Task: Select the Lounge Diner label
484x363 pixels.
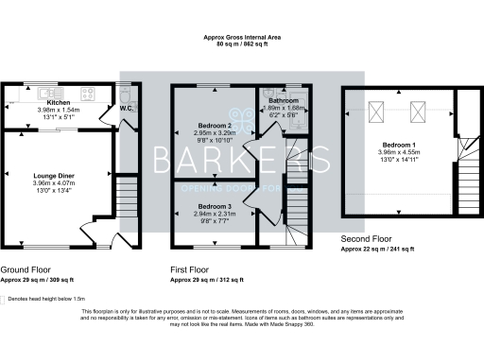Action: pos(53,176)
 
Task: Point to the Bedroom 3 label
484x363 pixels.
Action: pos(213,205)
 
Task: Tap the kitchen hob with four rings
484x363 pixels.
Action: pos(90,94)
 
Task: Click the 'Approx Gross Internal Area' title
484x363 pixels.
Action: pos(242,37)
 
